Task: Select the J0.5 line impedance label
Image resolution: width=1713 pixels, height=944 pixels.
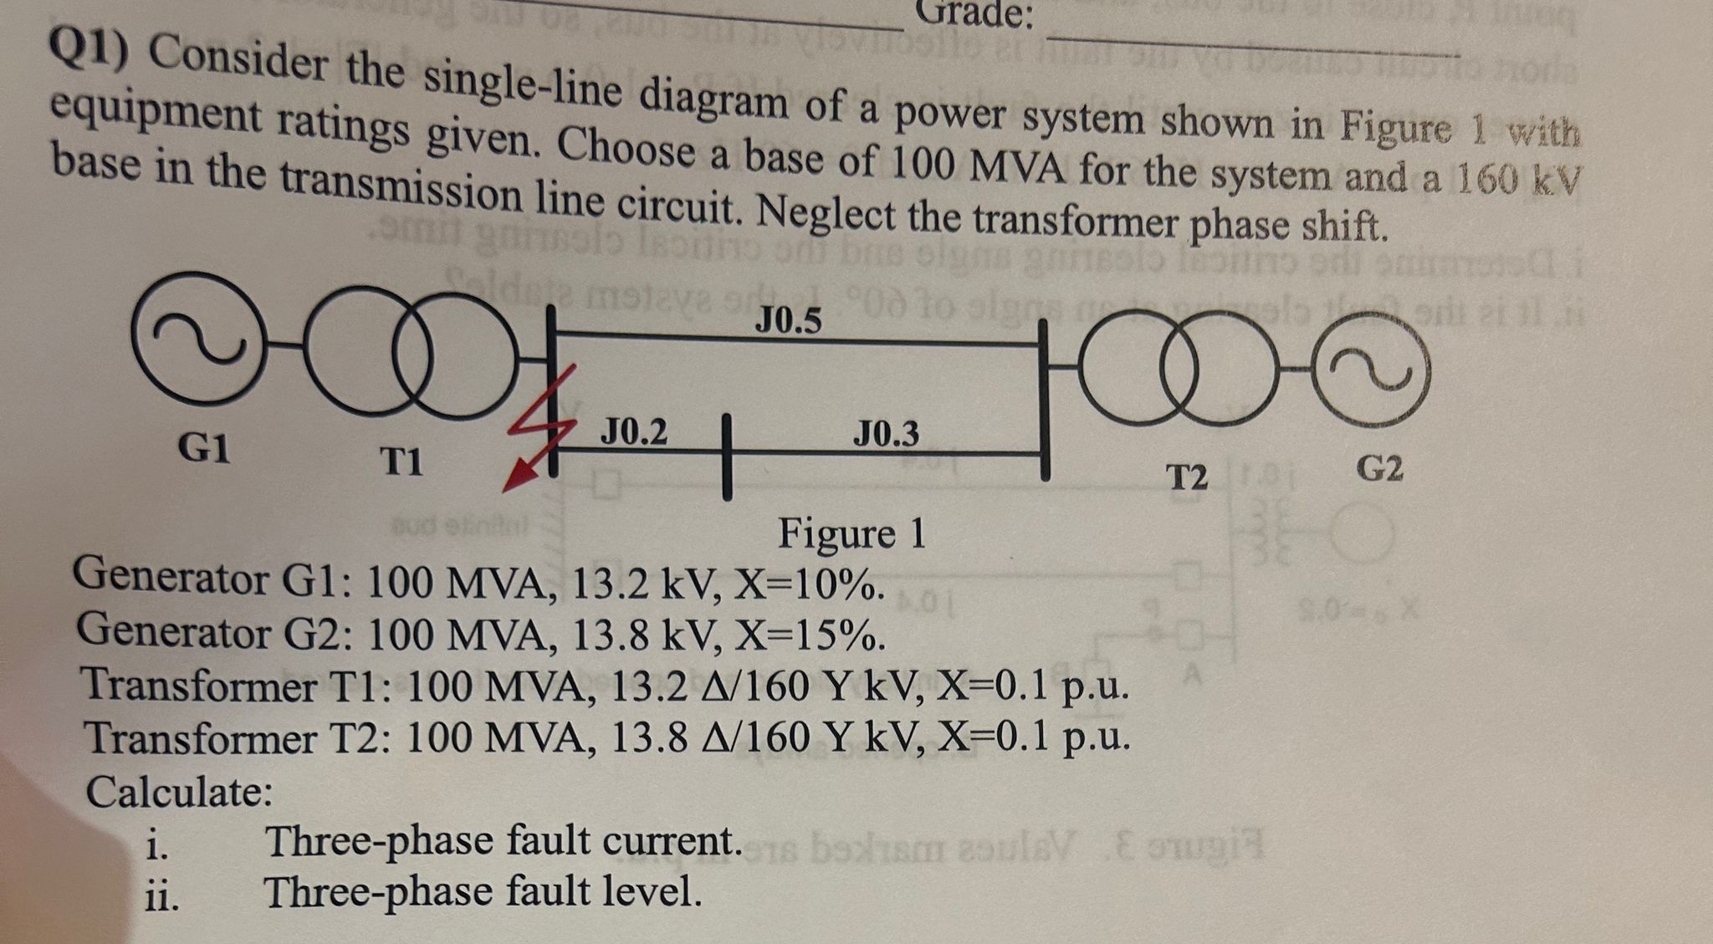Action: [x=788, y=320]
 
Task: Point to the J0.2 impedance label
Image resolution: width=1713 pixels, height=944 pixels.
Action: [x=634, y=431]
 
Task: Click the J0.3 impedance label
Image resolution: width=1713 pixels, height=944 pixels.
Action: [x=885, y=434]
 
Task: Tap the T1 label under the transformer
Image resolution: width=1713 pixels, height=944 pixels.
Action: [x=401, y=461]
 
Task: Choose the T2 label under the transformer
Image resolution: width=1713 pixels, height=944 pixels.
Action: [x=1188, y=478]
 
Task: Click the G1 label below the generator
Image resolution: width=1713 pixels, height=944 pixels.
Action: [x=205, y=449]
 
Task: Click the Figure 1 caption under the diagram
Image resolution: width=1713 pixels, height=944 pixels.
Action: [x=851, y=533]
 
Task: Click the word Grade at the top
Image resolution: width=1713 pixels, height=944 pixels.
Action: [x=974, y=14]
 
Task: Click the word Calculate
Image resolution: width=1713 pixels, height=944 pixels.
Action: [x=179, y=791]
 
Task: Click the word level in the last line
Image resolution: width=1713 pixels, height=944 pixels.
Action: [x=650, y=892]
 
